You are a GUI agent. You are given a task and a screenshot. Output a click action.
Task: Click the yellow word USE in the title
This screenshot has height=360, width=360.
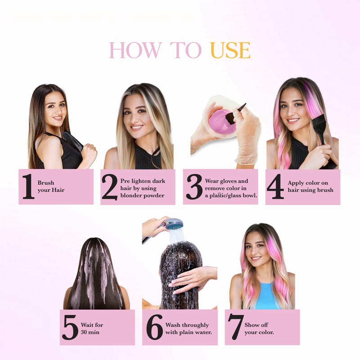[x=230, y=50]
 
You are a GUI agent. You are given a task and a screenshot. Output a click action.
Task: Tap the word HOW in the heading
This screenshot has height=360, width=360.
[x=135, y=50]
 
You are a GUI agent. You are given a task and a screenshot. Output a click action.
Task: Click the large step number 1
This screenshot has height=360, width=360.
[x=28, y=186]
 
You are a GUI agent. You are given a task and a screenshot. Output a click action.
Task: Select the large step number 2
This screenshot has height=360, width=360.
[x=110, y=187]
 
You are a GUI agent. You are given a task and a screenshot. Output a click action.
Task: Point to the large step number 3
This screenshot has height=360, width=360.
[x=194, y=187]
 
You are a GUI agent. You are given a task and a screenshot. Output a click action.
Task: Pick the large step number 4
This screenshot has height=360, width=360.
[x=275, y=186]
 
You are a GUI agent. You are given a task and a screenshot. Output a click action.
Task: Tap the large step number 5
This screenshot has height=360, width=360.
[x=70, y=328]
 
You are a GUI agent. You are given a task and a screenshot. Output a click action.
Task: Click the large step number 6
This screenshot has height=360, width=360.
[x=154, y=328]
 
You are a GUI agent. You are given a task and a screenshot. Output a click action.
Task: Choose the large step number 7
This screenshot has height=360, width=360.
[x=235, y=327]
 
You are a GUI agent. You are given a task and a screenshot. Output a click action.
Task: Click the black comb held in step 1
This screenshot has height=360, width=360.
[x=72, y=141]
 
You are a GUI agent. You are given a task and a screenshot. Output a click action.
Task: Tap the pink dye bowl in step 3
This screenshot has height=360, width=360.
[x=221, y=121]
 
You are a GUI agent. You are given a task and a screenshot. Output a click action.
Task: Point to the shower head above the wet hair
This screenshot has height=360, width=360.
[x=175, y=224]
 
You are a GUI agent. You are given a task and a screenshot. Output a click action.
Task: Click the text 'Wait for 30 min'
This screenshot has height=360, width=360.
[x=92, y=328]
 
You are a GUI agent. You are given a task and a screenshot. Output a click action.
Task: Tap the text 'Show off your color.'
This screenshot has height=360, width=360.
[x=259, y=328]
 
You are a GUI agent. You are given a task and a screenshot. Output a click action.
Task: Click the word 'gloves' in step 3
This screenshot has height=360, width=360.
[x=227, y=181]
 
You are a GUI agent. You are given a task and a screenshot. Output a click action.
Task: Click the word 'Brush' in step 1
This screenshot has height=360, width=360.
[x=46, y=183]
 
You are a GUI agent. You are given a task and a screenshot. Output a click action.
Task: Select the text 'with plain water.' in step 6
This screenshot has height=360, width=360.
[x=189, y=332]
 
